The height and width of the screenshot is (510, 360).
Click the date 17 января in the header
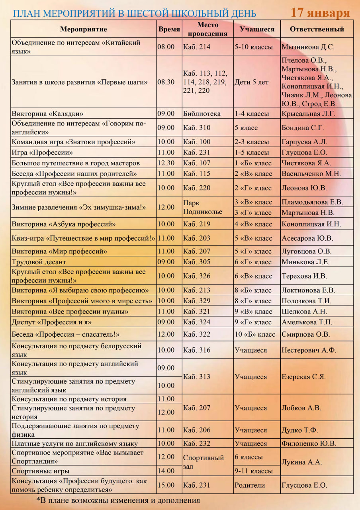coord(320,12)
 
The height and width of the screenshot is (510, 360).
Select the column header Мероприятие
coord(84,29)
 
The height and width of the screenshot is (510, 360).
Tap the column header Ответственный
coord(317,29)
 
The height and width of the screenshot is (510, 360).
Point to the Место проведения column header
coord(207,29)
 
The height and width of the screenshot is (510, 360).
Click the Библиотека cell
coord(202,114)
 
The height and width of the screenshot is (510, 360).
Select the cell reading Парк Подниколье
coord(202,207)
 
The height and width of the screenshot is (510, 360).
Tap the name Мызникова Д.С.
coord(308,47)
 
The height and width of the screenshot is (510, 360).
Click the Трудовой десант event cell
coord(39,262)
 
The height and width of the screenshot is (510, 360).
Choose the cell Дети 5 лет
coord(251,82)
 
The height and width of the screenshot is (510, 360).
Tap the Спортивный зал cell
coord(203,462)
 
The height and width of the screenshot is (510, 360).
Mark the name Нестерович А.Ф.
coord(309,350)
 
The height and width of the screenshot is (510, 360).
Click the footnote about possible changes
coord(118,500)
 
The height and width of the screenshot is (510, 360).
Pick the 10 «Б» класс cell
coord(255,334)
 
